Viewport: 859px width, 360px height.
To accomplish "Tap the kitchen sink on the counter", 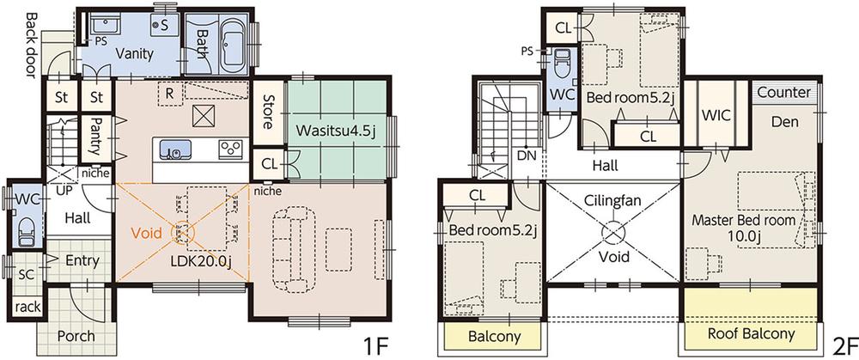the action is pos(175,149).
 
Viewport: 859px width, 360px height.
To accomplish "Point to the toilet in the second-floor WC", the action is pos(562,66).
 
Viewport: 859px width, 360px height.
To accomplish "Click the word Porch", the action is pos(76,335).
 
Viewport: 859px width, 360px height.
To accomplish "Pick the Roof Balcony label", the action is pos(751,333).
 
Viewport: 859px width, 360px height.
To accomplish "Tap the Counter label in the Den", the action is pos(784,92).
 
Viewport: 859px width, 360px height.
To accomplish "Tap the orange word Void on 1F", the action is pos(147,234).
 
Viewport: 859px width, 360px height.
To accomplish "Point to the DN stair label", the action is pos(527,156).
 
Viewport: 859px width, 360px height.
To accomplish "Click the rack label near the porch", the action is pos(27,308).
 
